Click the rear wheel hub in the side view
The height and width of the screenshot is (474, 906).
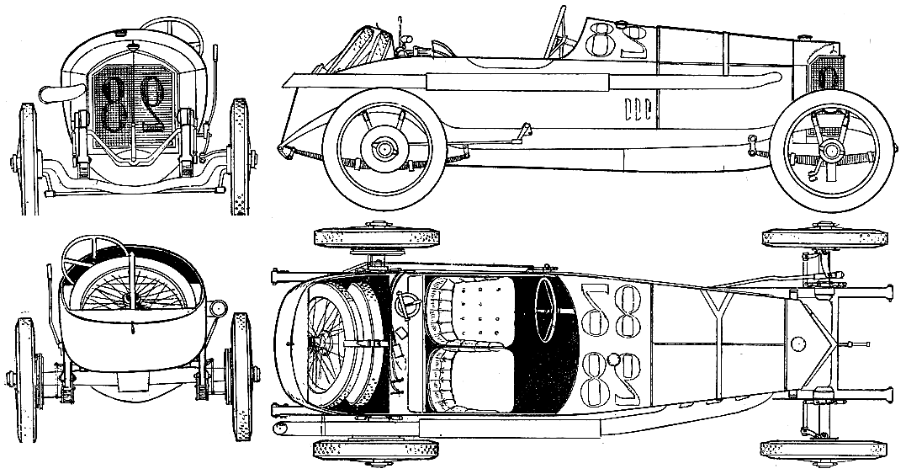(x=383, y=151)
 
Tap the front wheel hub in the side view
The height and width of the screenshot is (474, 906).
(x=831, y=151)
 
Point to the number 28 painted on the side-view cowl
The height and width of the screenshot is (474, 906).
(x=617, y=38)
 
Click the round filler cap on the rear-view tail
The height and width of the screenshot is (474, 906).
(x=218, y=307)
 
